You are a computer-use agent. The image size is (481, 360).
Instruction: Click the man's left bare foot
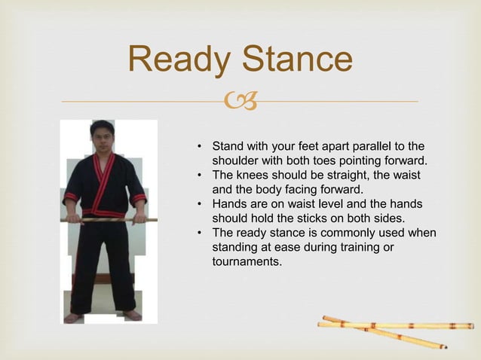133,316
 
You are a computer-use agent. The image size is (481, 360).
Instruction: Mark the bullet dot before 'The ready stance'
200,233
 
